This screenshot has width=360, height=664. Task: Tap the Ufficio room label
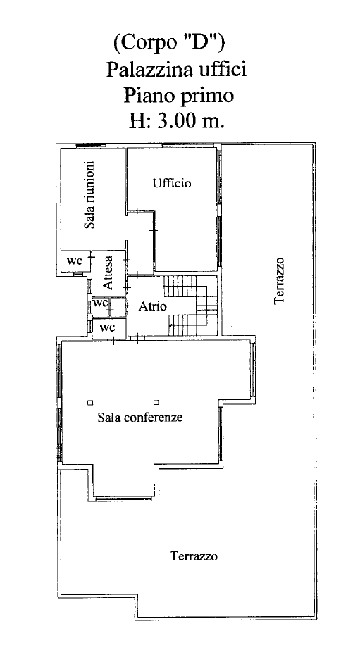tap(172, 183)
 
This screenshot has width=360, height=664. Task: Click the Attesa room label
tap(108, 273)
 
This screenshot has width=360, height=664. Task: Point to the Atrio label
tap(152, 306)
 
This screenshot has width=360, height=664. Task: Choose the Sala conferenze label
tap(140, 418)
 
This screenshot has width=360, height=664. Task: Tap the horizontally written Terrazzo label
tap(194, 556)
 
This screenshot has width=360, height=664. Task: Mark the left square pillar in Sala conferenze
tap(90, 402)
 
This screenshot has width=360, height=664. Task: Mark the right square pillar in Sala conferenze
tap(156, 402)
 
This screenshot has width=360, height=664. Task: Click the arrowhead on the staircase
tap(170, 325)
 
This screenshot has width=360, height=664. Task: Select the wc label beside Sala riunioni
tap(75, 261)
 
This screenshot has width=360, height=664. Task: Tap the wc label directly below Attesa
tap(100, 303)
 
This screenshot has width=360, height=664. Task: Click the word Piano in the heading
tap(148, 96)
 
